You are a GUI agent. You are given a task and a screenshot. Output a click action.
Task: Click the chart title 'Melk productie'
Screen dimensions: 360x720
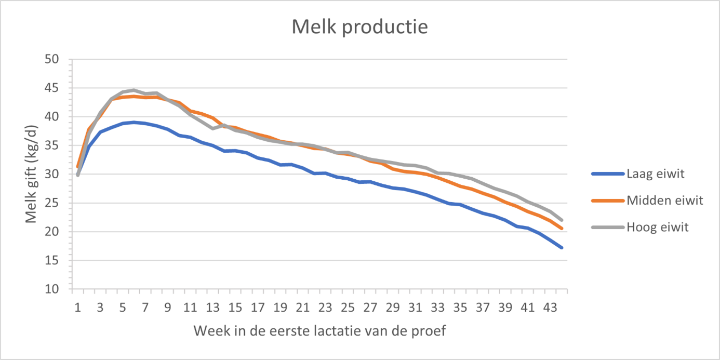(359, 26)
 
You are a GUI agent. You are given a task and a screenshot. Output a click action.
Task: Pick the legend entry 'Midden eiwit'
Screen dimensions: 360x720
(665, 201)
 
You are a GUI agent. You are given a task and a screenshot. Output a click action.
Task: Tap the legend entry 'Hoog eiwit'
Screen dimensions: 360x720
(658, 227)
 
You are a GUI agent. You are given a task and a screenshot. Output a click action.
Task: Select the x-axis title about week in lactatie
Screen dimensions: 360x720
(319, 331)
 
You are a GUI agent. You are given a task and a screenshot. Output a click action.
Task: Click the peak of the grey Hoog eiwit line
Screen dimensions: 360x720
(134, 90)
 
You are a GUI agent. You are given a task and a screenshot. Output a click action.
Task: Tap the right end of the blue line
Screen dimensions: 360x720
(562, 247)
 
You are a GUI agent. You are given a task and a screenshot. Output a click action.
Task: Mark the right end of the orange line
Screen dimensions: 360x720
(562, 228)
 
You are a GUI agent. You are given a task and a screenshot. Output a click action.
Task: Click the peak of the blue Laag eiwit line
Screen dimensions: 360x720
(134, 123)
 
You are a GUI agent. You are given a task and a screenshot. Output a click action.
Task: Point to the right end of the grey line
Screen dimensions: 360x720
(562, 220)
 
